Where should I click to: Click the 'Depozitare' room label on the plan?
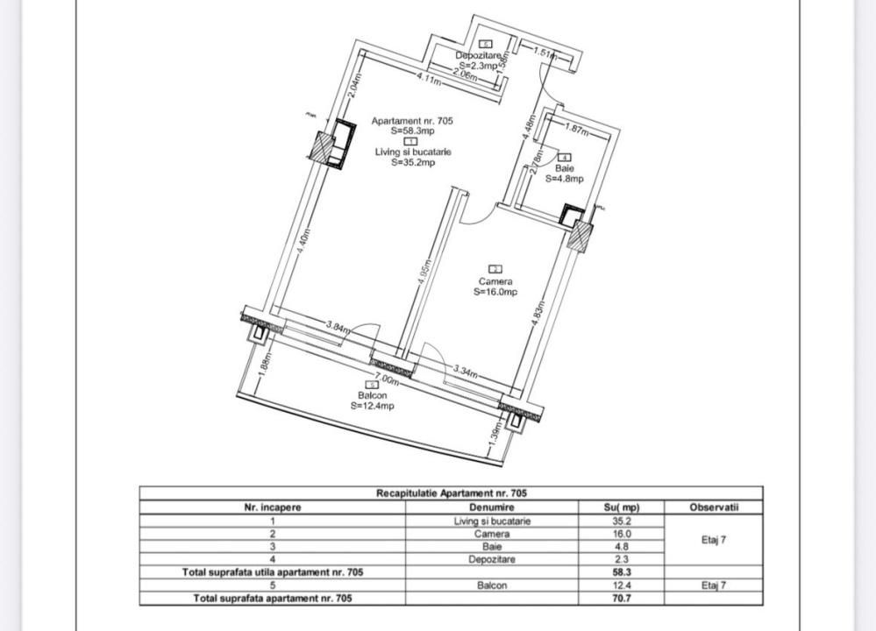(477, 55)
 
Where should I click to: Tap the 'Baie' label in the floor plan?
(564, 168)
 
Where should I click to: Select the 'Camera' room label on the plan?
(495, 281)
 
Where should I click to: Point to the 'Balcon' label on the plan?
(372, 395)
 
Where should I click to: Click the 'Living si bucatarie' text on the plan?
(412, 152)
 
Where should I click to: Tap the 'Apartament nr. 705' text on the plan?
(412, 121)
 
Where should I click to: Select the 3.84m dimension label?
(338, 327)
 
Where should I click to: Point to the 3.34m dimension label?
(465, 372)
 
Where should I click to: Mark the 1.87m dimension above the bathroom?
(576, 130)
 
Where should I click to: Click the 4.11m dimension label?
(428, 80)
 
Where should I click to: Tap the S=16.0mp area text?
(495, 293)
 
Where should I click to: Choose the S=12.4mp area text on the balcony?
(372, 406)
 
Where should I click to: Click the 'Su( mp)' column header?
(622, 507)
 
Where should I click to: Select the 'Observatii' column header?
(713, 507)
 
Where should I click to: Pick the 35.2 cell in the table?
(622, 520)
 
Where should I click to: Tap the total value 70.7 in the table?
(622, 599)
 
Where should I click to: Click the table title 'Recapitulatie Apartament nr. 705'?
(452, 493)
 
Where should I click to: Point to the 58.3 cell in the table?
(622, 572)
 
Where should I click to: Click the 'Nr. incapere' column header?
(272, 507)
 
